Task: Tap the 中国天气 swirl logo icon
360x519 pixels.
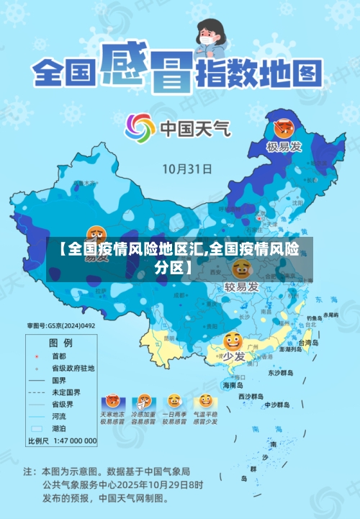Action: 140,128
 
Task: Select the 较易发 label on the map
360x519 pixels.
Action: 241,286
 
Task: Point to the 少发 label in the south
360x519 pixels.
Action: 233,356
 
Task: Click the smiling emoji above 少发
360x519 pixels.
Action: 233,341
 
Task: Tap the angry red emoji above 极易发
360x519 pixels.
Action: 283,129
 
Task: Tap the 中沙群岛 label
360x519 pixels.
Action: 276,404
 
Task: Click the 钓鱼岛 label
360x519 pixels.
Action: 314,317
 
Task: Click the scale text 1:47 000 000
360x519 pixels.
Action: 73,441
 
